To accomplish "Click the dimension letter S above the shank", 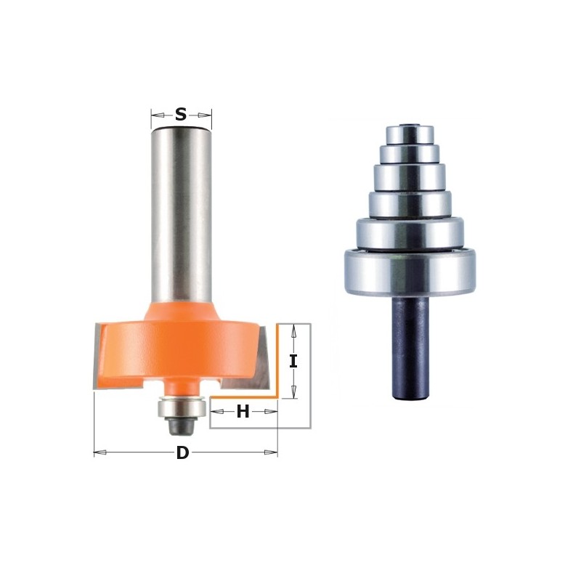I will [x=181, y=114].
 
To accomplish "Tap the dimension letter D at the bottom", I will [x=182, y=453].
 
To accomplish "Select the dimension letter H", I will [x=243, y=412].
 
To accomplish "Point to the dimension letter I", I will [x=293, y=361].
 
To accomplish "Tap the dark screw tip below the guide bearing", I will [x=178, y=427].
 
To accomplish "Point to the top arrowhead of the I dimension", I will [x=293, y=329].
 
